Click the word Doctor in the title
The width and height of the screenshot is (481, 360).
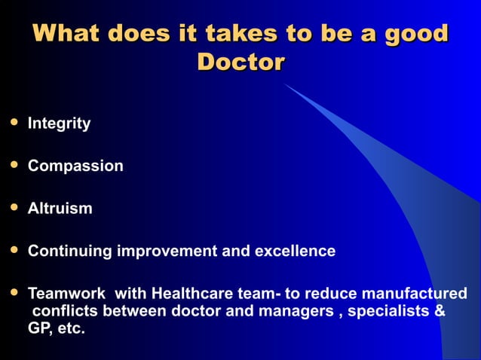[240, 61]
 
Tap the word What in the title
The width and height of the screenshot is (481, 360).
[66, 34]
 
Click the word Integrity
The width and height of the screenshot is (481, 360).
[59, 124]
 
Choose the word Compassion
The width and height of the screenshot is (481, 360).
[75, 166]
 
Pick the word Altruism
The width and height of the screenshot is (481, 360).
[60, 209]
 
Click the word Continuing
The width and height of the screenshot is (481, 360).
[69, 252]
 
